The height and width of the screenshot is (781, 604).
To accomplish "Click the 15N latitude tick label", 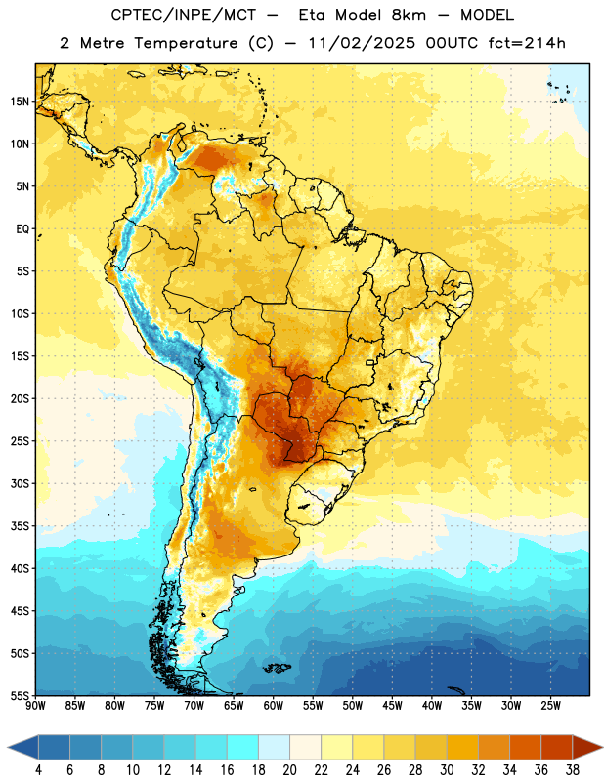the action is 20,102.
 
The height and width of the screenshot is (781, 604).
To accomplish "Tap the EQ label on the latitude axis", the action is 22,229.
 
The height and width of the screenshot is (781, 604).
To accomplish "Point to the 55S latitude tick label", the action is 19,695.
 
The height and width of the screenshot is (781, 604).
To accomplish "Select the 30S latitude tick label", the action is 20,483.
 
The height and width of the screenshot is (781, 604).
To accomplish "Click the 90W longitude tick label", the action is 35,706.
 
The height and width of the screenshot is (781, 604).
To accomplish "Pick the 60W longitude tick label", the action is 274,706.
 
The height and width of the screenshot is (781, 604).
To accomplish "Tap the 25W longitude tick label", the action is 550,706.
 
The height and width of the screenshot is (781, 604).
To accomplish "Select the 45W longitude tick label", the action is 392,706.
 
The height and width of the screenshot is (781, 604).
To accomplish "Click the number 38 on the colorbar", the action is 573,770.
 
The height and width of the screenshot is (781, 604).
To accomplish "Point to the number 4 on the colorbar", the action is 38,770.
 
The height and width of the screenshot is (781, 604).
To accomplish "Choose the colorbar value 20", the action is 289,770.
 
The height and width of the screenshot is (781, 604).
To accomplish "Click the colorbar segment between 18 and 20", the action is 274,747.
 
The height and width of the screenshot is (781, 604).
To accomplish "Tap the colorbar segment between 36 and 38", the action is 557,747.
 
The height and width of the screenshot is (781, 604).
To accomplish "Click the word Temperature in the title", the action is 186,43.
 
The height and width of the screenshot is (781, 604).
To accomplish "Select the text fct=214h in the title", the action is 527,43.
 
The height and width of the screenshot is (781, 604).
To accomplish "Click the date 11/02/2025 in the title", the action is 362,43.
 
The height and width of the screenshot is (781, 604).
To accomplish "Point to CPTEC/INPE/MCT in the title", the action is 183,15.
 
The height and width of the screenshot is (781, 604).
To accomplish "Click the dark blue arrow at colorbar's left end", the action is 22,747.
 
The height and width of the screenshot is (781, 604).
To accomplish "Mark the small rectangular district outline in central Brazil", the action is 370,362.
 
